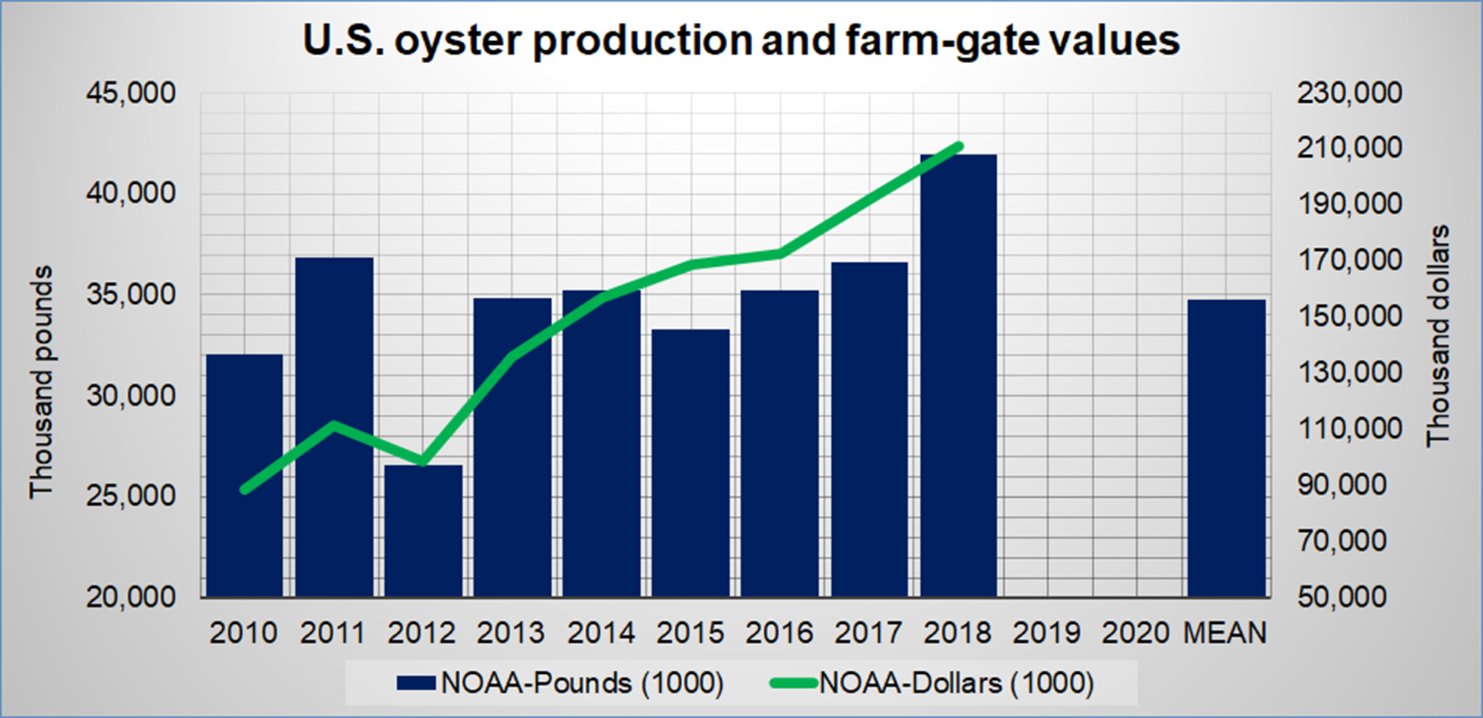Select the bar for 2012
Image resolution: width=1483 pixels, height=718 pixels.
[x=423, y=532]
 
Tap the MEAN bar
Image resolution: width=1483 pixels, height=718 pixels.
[x=1226, y=448]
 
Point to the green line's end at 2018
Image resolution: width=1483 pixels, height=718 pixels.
[x=959, y=146]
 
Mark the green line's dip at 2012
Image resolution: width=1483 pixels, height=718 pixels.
[x=423, y=461]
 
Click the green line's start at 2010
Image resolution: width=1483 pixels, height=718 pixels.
[x=244, y=490]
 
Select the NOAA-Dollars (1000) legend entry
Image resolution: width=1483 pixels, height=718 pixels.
[x=932, y=683]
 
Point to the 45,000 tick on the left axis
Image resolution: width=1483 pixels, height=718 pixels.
[x=131, y=93]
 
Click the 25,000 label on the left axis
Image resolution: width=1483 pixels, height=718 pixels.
[x=131, y=496]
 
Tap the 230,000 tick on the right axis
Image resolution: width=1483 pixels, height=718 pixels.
[x=1349, y=93]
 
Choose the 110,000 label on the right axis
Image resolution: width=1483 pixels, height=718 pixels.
[x=1349, y=429]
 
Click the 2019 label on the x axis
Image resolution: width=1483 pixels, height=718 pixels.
[x=1046, y=633]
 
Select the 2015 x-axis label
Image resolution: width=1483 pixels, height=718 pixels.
[x=691, y=633]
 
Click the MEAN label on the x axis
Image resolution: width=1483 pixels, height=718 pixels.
[x=1225, y=633]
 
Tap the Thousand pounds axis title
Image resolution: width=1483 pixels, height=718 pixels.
[x=41, y=382]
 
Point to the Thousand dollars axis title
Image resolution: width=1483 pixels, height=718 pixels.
[x=1437, y=336]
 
